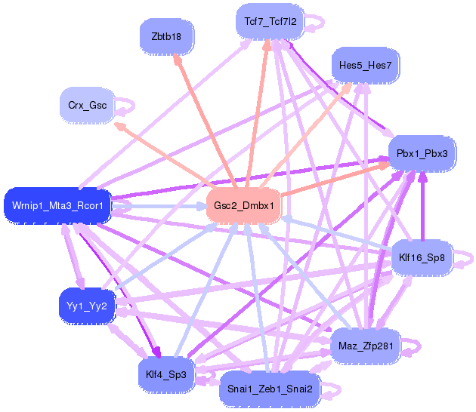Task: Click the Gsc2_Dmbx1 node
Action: click(243, 205)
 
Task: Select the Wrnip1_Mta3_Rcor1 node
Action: click(57, 205)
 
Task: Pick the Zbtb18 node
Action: click(166, 35)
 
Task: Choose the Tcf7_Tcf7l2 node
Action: click(270, 23)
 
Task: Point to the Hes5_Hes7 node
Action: click(365, 66)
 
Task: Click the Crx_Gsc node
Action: click(87, 106)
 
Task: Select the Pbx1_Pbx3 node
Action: click(422, 153)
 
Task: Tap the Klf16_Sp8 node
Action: click(422, 258)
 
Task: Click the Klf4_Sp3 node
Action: click(166, 374)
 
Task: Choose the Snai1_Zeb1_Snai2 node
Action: click(270, 389)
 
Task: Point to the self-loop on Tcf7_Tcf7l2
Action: click(316, 22)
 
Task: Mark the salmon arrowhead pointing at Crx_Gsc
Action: click(119, 125)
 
